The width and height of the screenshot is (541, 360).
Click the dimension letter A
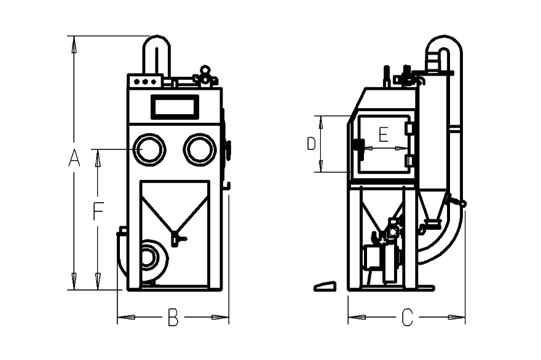pos(74,158)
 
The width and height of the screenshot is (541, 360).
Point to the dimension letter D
pos(311,144)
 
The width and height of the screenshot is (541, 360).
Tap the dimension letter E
pos(384,135)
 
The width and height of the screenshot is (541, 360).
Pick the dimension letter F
pos(98,211)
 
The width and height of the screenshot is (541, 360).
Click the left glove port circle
pos(149,149)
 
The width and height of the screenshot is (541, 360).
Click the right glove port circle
pos(200,149)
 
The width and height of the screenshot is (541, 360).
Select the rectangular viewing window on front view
pos(175,107)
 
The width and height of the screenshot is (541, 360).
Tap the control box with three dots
pos(145,81)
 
